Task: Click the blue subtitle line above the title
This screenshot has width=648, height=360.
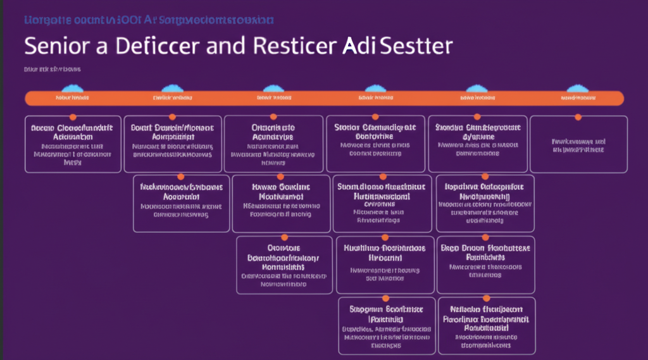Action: point(149,20)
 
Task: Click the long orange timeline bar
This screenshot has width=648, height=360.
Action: point(324,98)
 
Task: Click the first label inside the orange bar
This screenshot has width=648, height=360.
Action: point(72,99)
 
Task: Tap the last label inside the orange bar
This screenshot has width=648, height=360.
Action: point(575,99)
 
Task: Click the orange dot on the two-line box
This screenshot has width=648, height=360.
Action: point(578,117)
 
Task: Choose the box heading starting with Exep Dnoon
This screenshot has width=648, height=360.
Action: point(487,248)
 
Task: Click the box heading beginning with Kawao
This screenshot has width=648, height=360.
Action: point(281,187)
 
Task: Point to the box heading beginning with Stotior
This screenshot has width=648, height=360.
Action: point(375,127)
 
